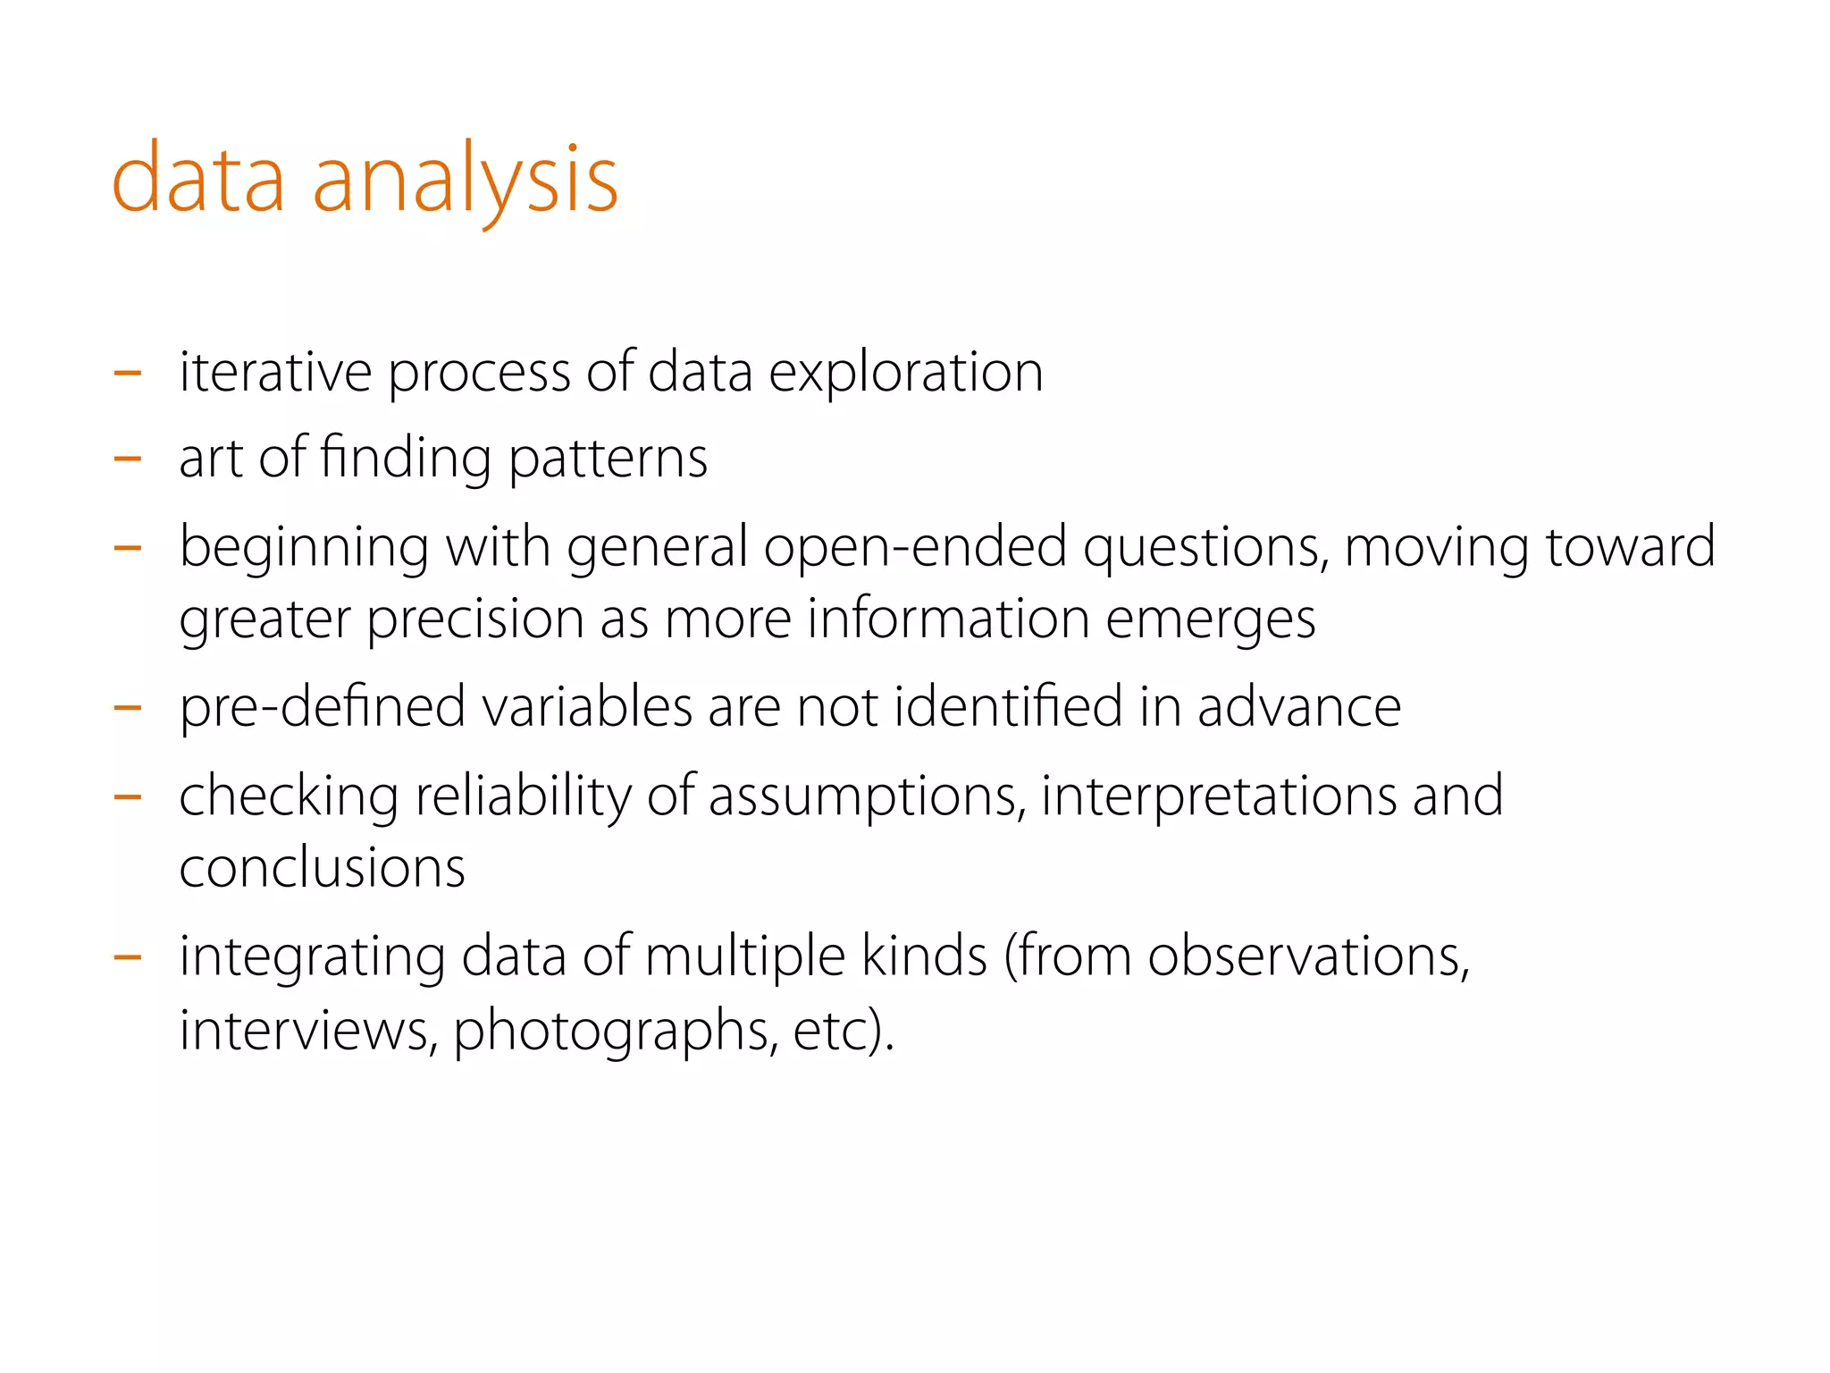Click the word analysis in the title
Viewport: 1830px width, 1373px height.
[x=465, y=181]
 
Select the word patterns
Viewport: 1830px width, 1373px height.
[x=608, y=459]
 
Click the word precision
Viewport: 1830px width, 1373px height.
[x=475, y=619]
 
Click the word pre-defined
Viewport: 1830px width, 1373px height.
[x=323, y=707]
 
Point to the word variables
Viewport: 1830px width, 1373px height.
[x=587, y=706]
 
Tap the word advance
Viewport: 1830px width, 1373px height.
[x=1298, y=706]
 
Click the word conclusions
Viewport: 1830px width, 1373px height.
[x=322, y=867]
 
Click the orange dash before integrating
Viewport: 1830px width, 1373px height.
[x=128, y=957]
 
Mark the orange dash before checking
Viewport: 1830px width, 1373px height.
[x=128, y=796]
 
